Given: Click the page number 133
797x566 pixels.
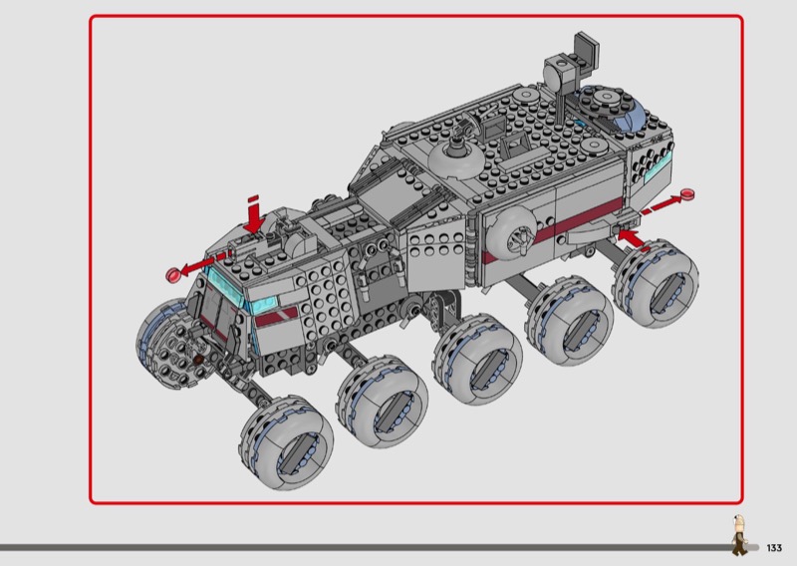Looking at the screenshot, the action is point(774,548).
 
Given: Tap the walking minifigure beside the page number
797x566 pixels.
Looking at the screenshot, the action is point(739,534).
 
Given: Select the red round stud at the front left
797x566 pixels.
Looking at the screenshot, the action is point(172,275).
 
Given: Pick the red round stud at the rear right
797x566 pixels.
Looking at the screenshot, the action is point(687,193).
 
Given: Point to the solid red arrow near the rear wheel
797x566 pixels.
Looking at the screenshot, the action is point(632,238).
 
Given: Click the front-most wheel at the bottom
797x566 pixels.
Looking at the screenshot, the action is point(287,443).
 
